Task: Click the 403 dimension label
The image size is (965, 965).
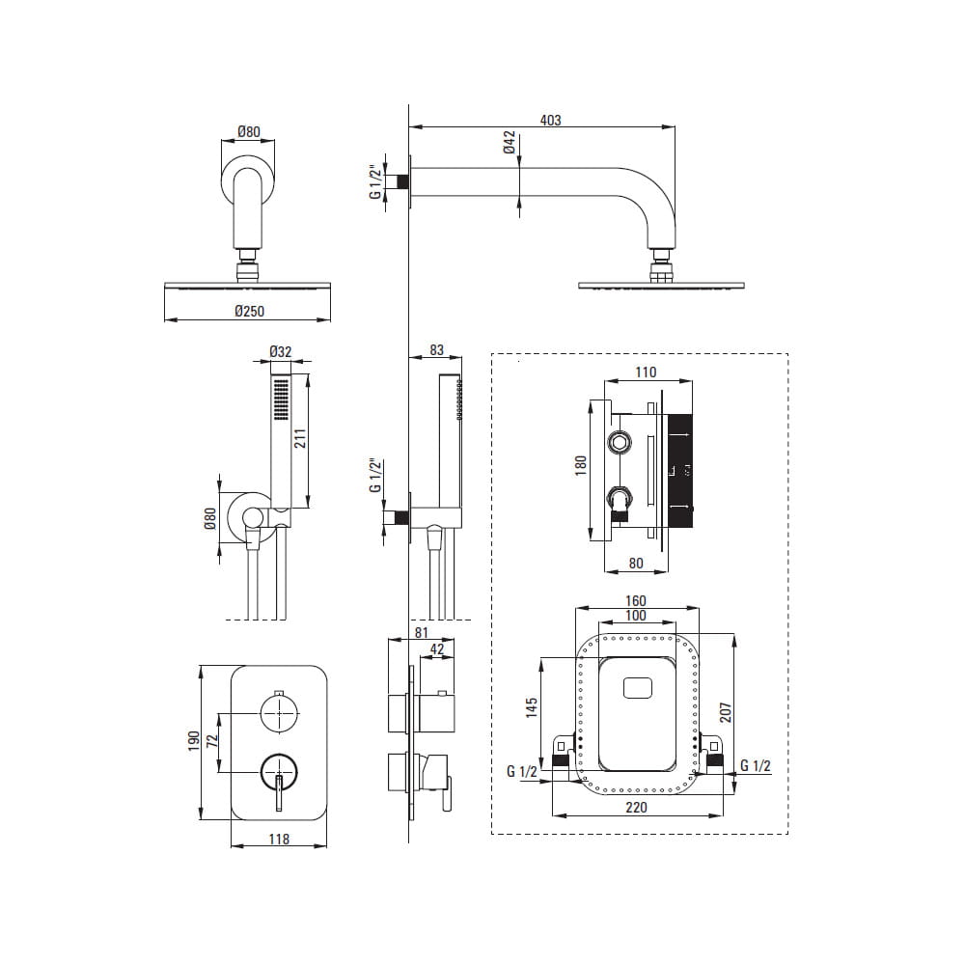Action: click(550, 120)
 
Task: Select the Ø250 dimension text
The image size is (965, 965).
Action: click(249, 311)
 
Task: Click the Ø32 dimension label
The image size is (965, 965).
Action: click(280, 352)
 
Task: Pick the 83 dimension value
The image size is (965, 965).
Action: click(436, 350)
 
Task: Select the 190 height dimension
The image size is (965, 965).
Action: click(192, 741)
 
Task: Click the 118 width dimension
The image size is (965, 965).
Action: click(278, 840)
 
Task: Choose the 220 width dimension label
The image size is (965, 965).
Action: click(636, 807)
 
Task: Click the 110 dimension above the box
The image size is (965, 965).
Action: click(646, 372)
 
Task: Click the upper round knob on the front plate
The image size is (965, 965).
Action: click(278, 715)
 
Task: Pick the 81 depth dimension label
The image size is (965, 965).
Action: click(421, 632)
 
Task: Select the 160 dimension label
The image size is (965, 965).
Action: click(636, 601)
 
